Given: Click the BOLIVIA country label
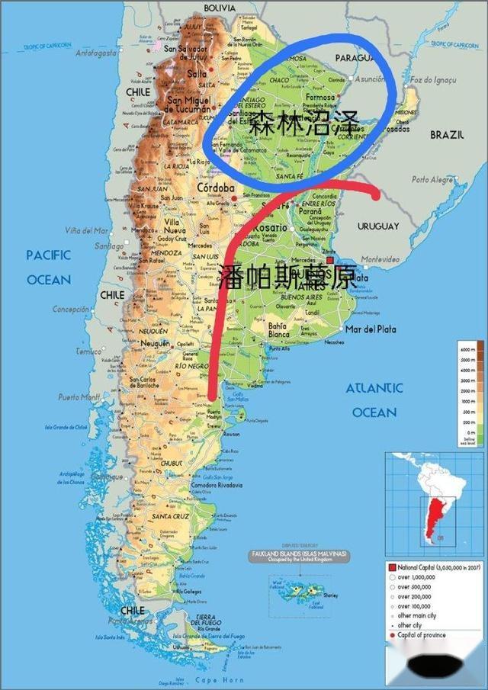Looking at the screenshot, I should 220,7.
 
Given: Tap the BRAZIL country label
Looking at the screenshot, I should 447,134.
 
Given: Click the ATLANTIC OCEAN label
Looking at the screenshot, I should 374,400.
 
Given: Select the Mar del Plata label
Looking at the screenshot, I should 371,329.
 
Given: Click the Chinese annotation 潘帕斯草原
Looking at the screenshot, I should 286,278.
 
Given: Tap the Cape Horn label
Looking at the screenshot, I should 220,679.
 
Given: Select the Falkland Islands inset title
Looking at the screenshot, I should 300,554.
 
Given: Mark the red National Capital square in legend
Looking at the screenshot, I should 392,568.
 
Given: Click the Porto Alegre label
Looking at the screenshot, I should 433,180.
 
